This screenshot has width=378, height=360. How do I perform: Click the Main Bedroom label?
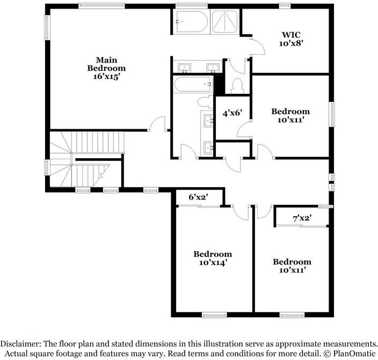coord(106,64)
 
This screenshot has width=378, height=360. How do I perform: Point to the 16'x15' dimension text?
coord(106,77)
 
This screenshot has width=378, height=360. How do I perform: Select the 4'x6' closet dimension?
coord(232,113)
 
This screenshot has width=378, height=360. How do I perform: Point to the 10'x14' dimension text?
coord(213,263)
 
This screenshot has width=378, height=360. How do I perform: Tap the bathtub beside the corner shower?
coord(191,21)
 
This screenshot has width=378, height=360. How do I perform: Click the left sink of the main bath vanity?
coord(185,68)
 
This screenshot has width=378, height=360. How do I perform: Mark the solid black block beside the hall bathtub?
coord(218,84)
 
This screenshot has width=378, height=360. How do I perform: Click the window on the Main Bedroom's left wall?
coord(47,27)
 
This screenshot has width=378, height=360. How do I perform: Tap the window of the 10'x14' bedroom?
coord(214,315)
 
